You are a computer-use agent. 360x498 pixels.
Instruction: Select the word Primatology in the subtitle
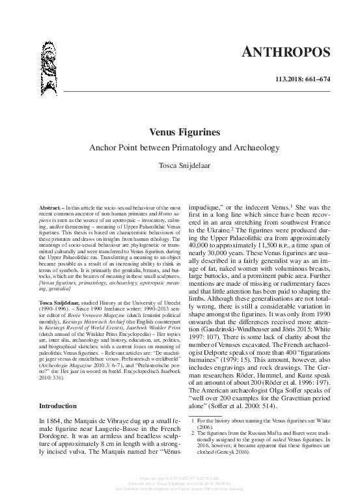pos(178,148)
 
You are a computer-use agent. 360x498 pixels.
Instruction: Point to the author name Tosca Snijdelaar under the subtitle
pos(180,166)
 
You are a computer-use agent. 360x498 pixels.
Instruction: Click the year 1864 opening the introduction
pos(59,422)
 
